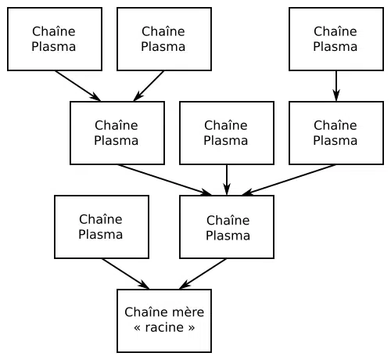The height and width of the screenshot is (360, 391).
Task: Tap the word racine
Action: [164, 327]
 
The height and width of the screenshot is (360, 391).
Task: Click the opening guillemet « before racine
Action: [138, 328]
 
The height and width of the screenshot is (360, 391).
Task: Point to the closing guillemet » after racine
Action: [192, 328]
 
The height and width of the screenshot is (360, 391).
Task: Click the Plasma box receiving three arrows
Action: [227, 227]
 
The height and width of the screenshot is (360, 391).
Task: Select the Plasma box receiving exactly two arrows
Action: [117, 133]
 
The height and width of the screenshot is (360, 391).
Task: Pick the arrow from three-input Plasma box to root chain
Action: [203, 274]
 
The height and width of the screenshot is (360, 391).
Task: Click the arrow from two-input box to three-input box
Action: [164, 180]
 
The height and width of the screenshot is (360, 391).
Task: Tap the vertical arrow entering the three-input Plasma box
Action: [227, 180]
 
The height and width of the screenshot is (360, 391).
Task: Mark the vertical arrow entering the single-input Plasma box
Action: [336, 86]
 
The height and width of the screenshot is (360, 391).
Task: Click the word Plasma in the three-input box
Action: [228, 236]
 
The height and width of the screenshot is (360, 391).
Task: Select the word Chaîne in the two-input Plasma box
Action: [117, 125]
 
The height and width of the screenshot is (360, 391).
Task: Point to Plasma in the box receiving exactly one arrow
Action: [335, 141]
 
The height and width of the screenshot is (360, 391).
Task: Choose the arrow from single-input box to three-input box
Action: [289, 180]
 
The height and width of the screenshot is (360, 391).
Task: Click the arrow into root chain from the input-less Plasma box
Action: [125, 274]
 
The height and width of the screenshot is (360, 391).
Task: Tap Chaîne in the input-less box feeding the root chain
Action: [101, 219]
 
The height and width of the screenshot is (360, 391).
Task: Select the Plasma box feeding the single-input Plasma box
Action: [336, 39]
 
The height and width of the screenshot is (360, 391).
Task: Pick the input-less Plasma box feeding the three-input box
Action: [227, 133]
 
